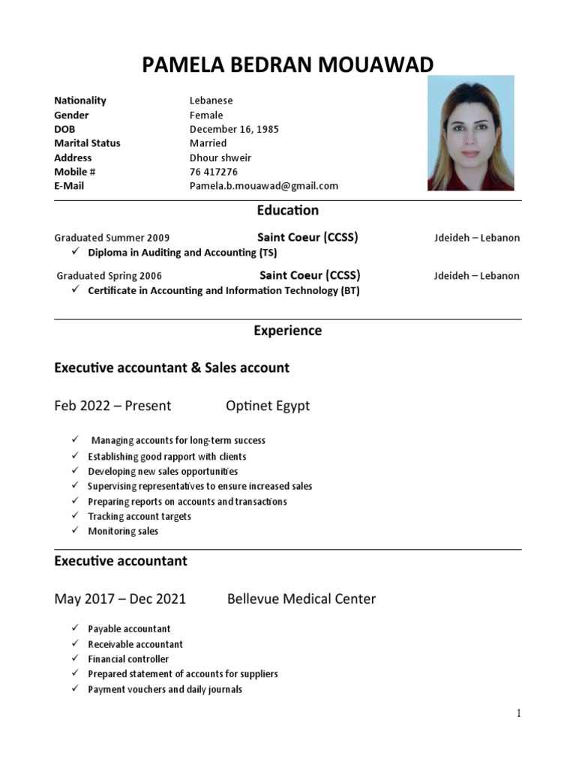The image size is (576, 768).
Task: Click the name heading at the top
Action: click(287, 65)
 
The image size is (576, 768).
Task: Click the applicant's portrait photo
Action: click(470, 133)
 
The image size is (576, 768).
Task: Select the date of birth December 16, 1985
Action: click(233, 129)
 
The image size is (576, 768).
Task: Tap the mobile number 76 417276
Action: click(214, 172)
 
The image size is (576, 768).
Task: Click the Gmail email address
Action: click(263, 186)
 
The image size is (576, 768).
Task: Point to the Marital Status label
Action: click(87, 143)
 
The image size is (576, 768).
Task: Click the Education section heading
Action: click(287, 211)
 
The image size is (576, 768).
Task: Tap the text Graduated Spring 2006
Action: click(109, 276)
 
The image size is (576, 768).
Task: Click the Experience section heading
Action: click(287, 331)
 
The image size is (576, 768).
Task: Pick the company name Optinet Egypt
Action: click(268, 406)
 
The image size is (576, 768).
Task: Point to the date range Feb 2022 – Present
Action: click(112, 406)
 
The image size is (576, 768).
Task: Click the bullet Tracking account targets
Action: click(139, 517)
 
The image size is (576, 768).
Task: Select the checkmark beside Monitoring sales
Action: click(76, 531)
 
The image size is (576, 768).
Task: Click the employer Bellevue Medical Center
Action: click(301, 599)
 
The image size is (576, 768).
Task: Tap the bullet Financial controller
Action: click(128, 659)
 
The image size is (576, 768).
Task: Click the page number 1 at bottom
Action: click(517, 714)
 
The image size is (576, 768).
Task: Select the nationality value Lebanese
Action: click(211, 100)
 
